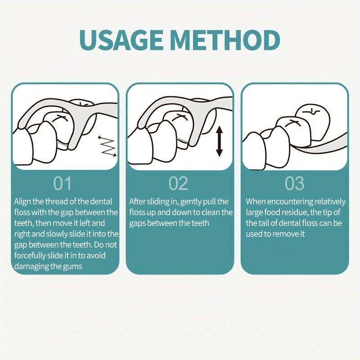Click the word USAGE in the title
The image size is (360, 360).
click(121, 40)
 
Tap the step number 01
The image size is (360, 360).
click(63, 183)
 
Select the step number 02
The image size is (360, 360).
click(178, 183)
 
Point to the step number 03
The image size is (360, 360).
click(295, 183)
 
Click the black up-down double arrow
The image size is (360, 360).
click(220, 141)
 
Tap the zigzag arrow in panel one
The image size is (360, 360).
click(107, 147)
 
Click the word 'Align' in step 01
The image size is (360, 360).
click(22, 202)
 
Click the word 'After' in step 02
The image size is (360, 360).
click(137, 202)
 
